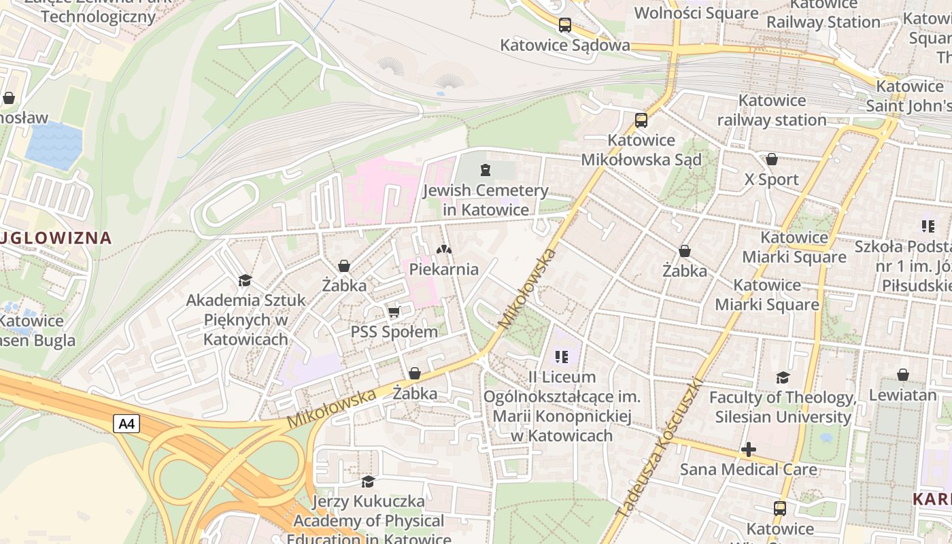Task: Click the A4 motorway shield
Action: click(x=127, y=424)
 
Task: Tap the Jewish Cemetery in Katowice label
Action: click(x=486, y=200)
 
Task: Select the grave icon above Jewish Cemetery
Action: click(x=486, y=169)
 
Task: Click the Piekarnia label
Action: click(x=443, y=269)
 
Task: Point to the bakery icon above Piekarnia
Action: click(x=444, y=250)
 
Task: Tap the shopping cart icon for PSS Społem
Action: click(x=394, y=312)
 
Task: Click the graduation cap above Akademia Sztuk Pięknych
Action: click(x=245, y=280)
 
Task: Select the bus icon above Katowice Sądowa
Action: click(x=565, y=26)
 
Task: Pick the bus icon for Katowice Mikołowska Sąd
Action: click(x=641, y=120)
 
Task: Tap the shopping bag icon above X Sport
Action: click(x=772, y=159)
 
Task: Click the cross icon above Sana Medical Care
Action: click(x=749, y=449)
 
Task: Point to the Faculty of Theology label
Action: click(x=782, y=407)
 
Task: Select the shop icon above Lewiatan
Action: click(x=903, y=375)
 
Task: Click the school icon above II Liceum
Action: click(x=561, y=356)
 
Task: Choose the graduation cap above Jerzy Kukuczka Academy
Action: click(x=368, y=481)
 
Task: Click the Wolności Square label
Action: click(x=696, y=13)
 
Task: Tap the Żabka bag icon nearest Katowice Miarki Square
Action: click(x=685, y=251)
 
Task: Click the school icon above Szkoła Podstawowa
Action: click(x=928, y=226)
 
